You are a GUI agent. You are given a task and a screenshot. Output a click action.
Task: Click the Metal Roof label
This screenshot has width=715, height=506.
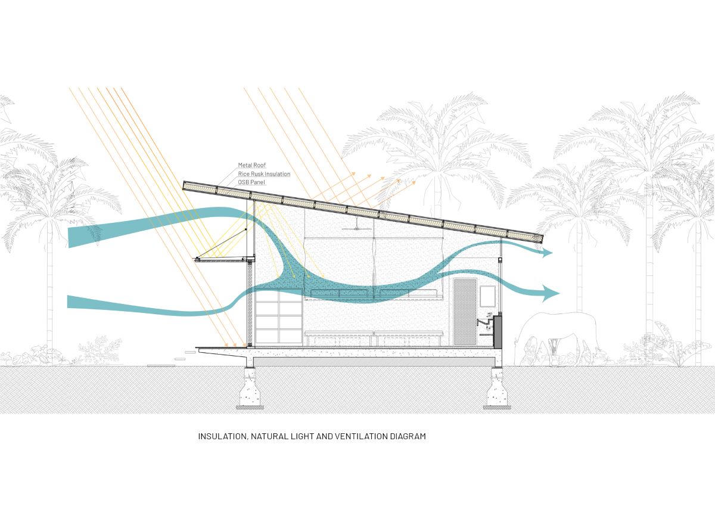pos(252,165)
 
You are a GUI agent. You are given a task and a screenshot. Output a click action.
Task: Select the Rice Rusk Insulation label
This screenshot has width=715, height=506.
pos(264,173)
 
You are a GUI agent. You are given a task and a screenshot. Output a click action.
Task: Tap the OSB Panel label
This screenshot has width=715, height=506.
pos(251,182)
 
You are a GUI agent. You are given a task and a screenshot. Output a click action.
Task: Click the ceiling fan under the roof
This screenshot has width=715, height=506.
pos(357,225)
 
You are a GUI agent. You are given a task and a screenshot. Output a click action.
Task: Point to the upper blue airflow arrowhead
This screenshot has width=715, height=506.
pos(547,253)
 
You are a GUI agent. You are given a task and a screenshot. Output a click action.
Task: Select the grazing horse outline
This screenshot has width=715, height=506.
pos(557,339)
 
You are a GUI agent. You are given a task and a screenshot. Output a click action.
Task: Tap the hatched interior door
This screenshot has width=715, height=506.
pos(464,312)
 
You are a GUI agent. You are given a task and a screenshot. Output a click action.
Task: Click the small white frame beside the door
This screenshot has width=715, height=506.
pos(487,296)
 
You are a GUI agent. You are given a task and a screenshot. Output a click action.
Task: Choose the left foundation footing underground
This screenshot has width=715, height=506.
pos(250,389)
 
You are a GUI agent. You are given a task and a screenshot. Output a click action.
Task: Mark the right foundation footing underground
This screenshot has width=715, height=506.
pos(497,389)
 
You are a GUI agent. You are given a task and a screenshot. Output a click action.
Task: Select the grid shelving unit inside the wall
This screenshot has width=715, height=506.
pos(279,316)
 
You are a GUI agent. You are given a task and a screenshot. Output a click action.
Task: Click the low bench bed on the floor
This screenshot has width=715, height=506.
pos(374,339)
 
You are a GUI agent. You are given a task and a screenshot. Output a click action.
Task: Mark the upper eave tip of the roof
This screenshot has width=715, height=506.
pos(184,185)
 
